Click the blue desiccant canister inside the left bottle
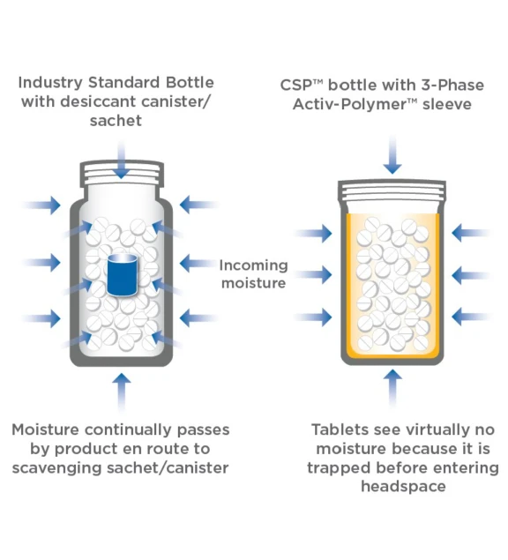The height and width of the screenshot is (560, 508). pyautogui.click(x=123, y=275)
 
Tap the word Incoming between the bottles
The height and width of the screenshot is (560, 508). pyautogui.click(x=254, y=265)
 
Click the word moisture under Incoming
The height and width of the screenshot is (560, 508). pyautogui.click(x=254, y=283)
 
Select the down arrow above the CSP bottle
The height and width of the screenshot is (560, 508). pyautogui.click(x=392, y=155)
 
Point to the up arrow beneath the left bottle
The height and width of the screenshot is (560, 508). pyautogui.click(x=122, y=392)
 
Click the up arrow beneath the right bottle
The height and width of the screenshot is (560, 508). pyautogui.click(x=392, y=388)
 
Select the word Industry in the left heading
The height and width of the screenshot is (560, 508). pyautogui.click(x=50, y=83)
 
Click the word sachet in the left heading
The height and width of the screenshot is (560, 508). pyautogui.click(x=116, y=120)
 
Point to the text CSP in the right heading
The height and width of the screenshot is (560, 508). pyautogui.click(x=296, y=86)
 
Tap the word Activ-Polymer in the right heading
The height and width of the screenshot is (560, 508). pyautogui.click(x=350, y=104)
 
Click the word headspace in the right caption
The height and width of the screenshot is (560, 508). pyautogui.click(x=403, y=487)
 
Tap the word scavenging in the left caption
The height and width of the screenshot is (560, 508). pyautogui.click(x=56, y=468)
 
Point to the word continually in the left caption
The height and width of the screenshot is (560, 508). pyautogui.click(x=128, y=430)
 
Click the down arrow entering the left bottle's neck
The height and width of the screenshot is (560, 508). pyautogui.click(x=122, y=160)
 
